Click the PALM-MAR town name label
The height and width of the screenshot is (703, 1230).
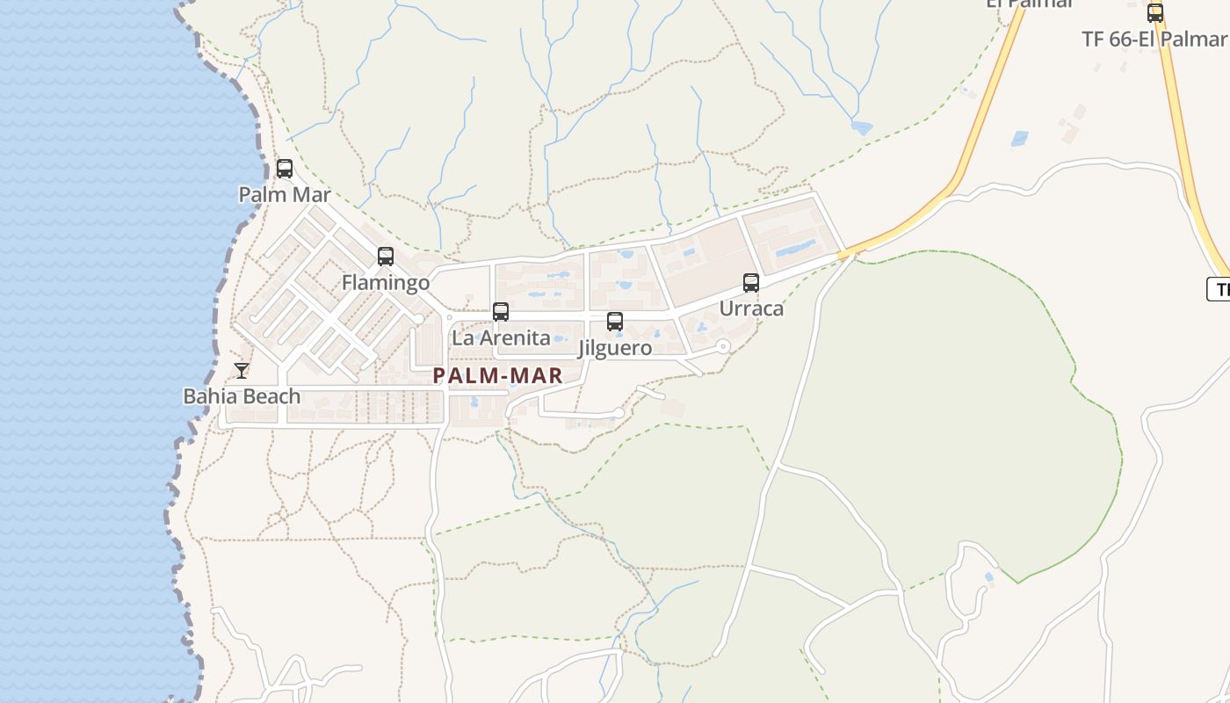497,376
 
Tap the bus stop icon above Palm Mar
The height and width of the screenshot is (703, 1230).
285,169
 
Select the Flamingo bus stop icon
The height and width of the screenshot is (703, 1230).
386,257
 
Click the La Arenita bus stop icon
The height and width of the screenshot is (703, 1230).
501,312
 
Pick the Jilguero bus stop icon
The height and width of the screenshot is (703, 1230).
615,322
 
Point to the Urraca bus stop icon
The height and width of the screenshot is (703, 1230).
751,283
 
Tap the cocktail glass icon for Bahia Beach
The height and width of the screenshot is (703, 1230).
242,371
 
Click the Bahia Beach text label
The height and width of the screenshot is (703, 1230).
242,396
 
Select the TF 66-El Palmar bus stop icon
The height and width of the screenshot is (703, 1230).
1155,13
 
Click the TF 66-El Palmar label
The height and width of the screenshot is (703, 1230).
1154,40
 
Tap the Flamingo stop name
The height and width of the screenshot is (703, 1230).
386,282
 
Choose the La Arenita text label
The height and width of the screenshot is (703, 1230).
501,337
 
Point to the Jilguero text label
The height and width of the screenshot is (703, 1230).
615,348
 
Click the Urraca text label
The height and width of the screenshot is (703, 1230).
751,308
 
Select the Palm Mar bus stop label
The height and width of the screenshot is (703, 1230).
285,194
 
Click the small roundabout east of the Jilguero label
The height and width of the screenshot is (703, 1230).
723,346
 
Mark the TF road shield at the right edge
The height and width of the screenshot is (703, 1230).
1219,289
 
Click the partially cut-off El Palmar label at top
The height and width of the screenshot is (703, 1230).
1030,4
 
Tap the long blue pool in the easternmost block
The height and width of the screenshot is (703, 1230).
794,249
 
